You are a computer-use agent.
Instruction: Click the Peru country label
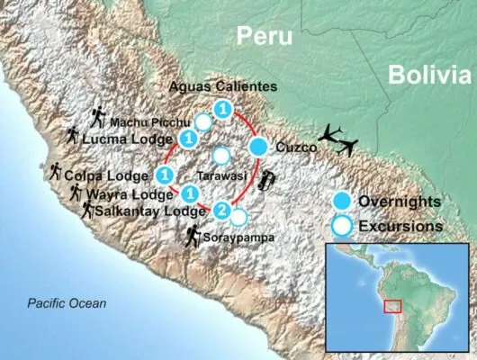[265, 36]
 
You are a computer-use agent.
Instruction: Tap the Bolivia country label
[428, 76]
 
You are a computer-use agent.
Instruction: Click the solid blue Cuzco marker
[259, 147]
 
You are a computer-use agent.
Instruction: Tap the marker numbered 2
[221, 210]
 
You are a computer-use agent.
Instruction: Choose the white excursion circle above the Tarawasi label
[220, 155]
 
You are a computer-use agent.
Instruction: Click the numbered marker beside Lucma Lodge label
[189, 139]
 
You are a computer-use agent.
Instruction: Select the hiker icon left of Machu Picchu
[98, 116]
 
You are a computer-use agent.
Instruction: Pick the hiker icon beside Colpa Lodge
[56, 170]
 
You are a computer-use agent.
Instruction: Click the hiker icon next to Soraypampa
[193, 237]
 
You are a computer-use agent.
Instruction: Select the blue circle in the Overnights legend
[342, 201]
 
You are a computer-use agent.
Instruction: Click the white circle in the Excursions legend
[342, 225]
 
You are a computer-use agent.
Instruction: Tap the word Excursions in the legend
[400, 226]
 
